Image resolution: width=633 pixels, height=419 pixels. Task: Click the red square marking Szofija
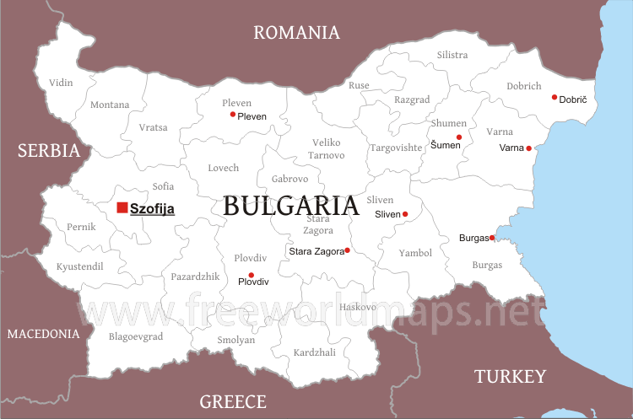coord(122,207)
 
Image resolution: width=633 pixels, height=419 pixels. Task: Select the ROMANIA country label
coord(297,33)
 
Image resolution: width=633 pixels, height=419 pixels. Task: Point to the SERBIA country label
coord(49,151)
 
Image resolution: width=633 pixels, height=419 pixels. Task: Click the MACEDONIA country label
coord(43,334)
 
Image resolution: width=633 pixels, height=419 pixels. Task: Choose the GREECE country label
coord(233,401)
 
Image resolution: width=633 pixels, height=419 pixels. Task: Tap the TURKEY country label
coord(510,376)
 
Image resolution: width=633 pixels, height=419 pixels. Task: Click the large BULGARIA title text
coord(291,206)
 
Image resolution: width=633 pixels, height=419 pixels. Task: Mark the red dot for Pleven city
coord(233,115)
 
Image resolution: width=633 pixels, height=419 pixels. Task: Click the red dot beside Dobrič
coord(555,98)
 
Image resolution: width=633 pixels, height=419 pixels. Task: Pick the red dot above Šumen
coord(459,137)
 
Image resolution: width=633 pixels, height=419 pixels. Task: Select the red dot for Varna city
coord(529,148)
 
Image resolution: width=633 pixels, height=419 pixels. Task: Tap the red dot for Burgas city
coord(492,238)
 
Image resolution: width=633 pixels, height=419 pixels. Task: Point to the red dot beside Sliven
coord(405,214)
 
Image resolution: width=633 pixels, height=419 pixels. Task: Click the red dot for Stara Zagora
coord(347,250)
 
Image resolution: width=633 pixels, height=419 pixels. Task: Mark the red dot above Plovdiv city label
coord(251,275)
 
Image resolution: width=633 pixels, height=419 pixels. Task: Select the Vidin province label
coord(61,83)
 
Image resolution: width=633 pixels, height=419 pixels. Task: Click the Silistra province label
coord(452,55)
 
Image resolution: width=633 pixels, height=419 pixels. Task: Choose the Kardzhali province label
coord(314,352)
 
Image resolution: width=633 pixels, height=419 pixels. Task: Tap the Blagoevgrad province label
coord(136,336)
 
